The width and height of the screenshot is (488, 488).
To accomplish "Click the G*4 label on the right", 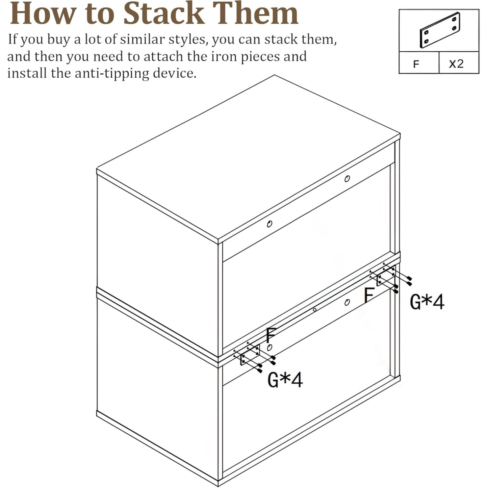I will point(427,302).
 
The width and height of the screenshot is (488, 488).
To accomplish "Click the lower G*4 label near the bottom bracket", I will point(285,380).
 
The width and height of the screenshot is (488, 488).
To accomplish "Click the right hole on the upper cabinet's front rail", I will point(347,179).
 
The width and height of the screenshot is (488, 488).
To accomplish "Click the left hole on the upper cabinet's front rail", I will point(269,224).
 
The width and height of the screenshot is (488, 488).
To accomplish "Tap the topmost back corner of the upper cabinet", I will point(274,75).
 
